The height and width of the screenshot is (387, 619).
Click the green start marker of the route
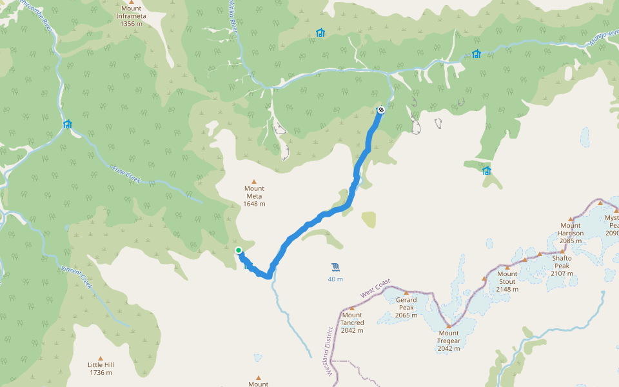[239, 250]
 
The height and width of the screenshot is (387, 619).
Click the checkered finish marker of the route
[381, 110]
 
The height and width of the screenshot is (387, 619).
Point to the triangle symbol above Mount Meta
[254, 181]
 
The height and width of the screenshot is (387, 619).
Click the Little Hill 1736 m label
[101, 368]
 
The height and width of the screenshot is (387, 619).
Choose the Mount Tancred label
[352, 322]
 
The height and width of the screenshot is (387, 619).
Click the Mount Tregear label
[448, 344]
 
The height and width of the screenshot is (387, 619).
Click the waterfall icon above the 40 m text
[335, 267]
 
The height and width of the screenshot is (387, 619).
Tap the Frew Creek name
[126, 173]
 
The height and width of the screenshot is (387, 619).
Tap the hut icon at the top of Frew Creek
[67, 124]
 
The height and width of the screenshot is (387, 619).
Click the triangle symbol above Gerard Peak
[406, 293]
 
